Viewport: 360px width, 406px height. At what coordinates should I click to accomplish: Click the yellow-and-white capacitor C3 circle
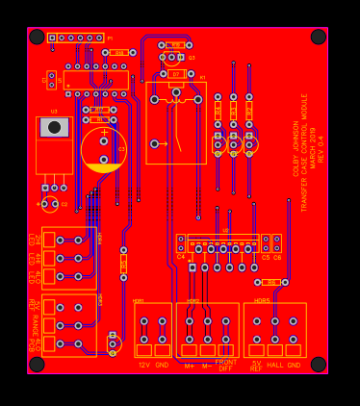pyautogui.click(x=103, y=150)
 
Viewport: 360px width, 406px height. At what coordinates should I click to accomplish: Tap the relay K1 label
pyautogui.click(x=202, y=77)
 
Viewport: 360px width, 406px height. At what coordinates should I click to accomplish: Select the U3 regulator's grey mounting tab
pyautogui.click(x=54, y=127)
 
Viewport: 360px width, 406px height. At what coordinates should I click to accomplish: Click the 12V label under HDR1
pyautogui.click(x=144, y=365)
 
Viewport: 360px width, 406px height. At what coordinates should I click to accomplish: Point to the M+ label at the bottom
pyautogui.click(x=190, y=366)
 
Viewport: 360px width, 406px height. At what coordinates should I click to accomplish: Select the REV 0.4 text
pyautogui.click(x=321, y=148)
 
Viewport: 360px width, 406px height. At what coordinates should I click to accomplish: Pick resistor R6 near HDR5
pyautogui.click(x=270, y=282)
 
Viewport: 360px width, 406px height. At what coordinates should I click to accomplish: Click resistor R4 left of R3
pyautogui.click(x=219, y=112)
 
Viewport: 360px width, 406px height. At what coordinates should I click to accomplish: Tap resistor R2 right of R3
pyautogui.click(x=249, y=112)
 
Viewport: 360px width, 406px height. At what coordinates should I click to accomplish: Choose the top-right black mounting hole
pyautogui.click(x=319, y=37)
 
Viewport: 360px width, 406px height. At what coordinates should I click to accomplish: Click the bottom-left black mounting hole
pyautogui.click(x=37, y=365)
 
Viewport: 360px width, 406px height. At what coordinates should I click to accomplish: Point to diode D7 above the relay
pyautogui.click(x=174, y=73)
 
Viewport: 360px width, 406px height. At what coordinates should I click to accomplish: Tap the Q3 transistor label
pyautogui.click(x=192, y=58)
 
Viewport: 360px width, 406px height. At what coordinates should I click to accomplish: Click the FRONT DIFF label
pyautogui.click(x=226, y=365)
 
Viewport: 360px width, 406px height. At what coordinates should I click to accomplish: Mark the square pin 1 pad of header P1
pyautogui.click(x=52, y=38)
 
